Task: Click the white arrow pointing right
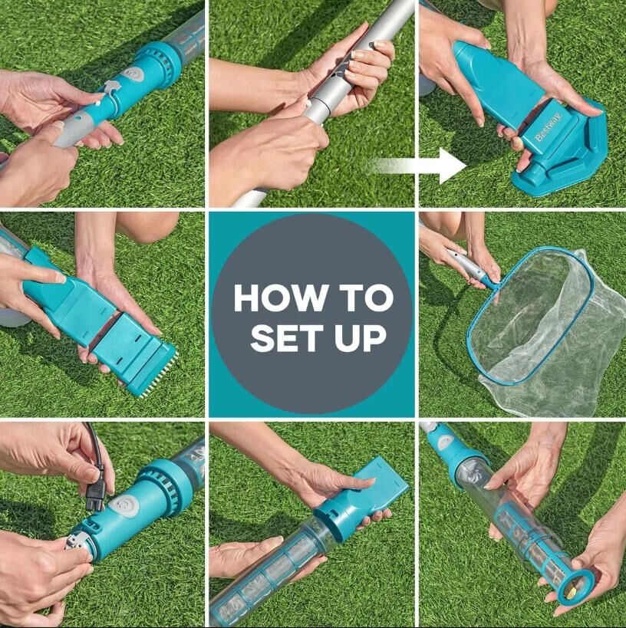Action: coord(417,166)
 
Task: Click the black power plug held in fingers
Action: coord(95,490)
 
